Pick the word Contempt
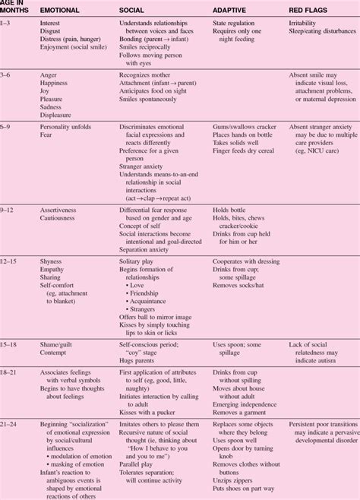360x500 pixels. click(x=56, y=352)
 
